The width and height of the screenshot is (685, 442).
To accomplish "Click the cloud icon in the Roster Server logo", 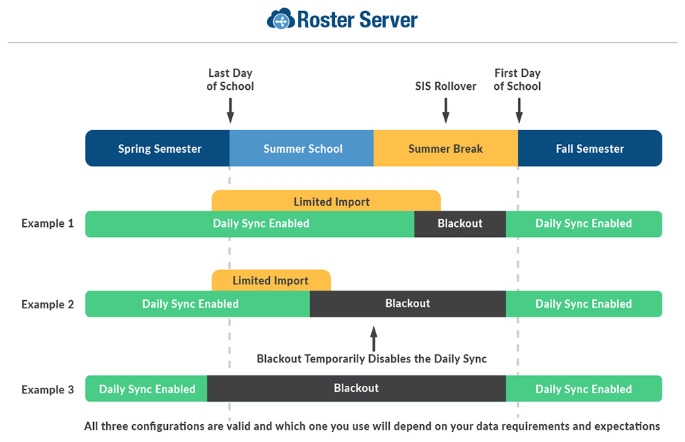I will (280, 19).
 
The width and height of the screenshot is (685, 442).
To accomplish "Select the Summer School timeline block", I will (302, 149).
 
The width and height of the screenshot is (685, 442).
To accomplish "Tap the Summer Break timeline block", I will (445, 149).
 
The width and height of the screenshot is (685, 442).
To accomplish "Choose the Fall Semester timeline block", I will (590, 149).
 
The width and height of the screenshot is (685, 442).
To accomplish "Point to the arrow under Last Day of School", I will (230, 110).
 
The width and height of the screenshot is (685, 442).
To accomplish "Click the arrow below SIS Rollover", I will (446, 110).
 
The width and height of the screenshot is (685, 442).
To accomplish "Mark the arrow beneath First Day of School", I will (519, 110).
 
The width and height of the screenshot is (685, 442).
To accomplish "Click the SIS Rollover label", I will (445, 86).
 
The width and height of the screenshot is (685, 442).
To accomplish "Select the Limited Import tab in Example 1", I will (331, 201).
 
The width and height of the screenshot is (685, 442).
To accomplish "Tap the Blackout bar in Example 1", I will (460, 223).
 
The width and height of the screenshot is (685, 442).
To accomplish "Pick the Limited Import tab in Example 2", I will (271, 280).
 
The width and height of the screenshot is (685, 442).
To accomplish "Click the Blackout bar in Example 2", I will (408, 304).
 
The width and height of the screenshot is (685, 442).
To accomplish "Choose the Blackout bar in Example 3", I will (356, 389).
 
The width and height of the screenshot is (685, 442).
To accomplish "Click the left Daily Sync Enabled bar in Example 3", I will (147, 389).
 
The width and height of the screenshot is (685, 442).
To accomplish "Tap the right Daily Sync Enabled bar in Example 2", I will (584, 304).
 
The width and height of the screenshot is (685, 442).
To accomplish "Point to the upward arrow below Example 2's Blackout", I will (373, 339).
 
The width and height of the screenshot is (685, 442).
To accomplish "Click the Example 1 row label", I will (47, 223).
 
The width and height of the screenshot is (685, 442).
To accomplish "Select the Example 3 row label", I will (47, 389).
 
